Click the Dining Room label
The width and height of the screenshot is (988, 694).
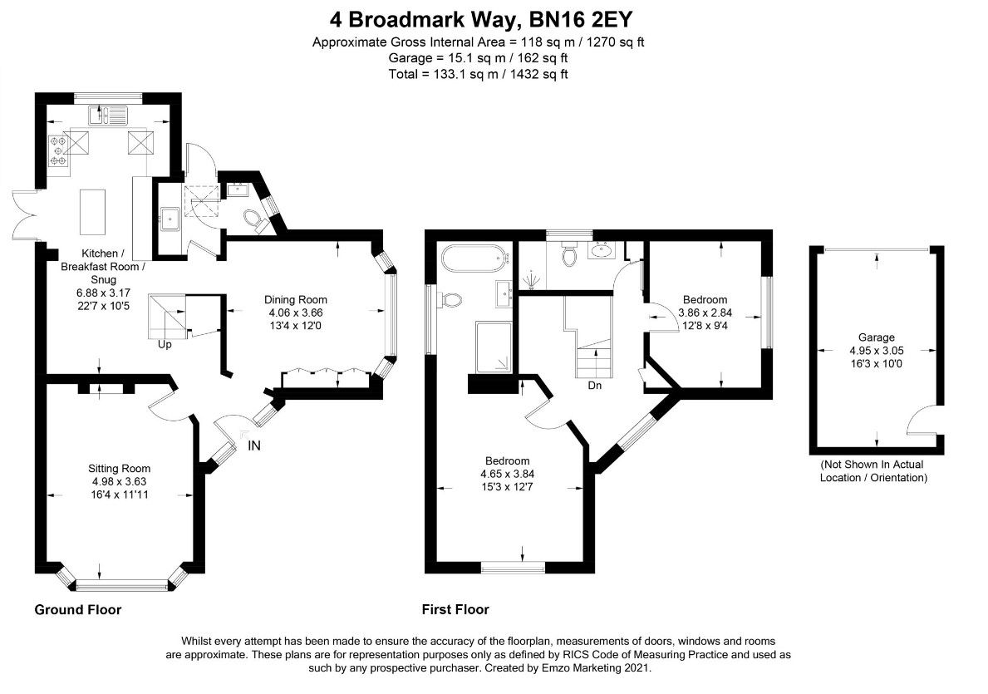point(296,300)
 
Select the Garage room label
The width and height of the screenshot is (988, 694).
point(877,337)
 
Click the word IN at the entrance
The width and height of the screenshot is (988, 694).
point(254,446)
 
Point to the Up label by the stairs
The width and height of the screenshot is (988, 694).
point(165,344)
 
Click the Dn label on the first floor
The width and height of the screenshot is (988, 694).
point(594,386)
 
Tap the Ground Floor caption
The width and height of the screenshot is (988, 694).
point(77,610)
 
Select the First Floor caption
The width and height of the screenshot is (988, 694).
point(455,610)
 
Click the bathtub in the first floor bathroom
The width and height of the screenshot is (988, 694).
point(472,259)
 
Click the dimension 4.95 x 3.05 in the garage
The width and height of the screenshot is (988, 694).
point(877,351)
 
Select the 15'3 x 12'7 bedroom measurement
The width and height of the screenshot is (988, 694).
point(507,486)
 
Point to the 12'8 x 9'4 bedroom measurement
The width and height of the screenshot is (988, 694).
point(705,325)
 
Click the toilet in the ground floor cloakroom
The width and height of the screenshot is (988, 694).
point(253,220)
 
